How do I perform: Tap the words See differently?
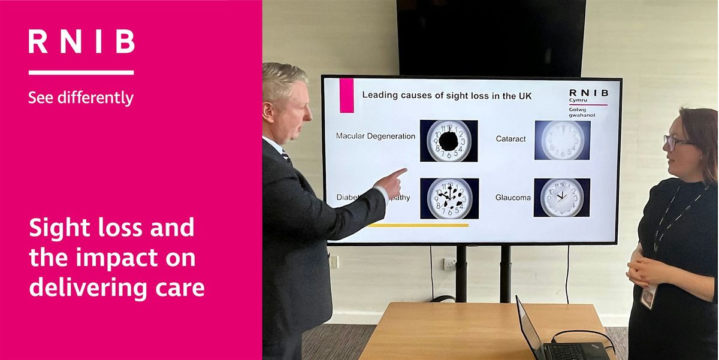click(81, 97)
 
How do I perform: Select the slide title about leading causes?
click(447, 95)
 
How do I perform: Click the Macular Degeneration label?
click(375, 136)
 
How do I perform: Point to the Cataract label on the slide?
click(510, 138)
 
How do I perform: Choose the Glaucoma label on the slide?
click(513, 197)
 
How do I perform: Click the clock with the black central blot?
click(449, 141)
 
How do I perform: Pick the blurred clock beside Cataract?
click(562, 140)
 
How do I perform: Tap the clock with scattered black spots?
click(449, 198)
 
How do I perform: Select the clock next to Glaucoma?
click(561, 197)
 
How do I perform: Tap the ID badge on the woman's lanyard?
click(648, 296)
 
